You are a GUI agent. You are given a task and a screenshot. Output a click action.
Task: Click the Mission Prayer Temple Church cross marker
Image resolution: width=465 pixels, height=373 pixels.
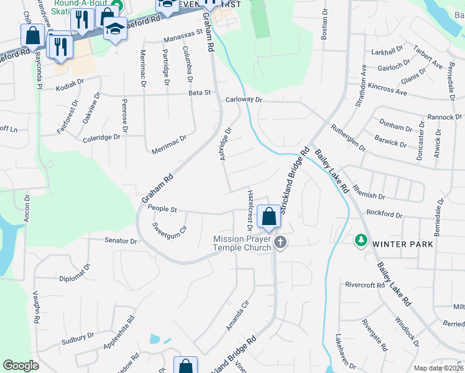[280, 242]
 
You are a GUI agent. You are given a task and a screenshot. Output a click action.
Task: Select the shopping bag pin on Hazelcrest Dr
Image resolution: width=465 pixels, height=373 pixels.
[269, 218]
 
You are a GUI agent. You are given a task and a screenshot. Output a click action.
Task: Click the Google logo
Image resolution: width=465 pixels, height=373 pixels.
[21, 366]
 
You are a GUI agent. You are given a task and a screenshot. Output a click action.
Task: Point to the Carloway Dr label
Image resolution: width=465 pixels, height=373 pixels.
[244, 99]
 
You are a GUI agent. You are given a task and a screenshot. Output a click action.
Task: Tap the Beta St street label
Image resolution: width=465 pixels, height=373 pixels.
[200, 93]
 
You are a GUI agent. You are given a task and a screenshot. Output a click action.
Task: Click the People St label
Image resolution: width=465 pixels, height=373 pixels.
[163, 210]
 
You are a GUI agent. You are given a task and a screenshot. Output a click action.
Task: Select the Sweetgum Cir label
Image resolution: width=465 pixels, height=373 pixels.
[170, 227]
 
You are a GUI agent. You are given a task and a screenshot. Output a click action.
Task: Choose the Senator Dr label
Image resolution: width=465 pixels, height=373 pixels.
[120, 240]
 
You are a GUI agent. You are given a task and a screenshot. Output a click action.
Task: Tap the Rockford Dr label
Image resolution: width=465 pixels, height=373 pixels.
[384, 214]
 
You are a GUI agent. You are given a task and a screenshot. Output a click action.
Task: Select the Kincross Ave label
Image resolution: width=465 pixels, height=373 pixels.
[387, 89]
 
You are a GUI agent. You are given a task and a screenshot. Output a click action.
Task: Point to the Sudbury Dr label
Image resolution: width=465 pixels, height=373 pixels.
[78, 339]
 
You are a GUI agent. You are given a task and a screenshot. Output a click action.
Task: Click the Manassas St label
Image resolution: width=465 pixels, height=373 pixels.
[183, 37]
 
